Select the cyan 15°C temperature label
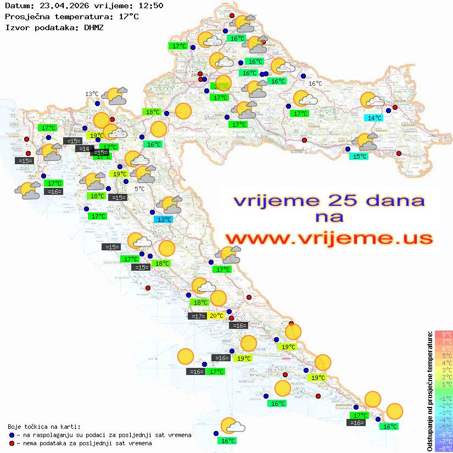point(359,156)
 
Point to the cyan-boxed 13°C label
point(163,220)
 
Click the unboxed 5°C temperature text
point(140,189)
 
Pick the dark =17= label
point(197,316)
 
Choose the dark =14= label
point(83,149)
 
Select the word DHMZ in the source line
point(93,27)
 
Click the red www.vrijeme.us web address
point(328,238)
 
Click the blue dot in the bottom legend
point(12,435)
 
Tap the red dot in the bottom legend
point(12,443)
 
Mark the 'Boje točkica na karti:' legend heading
point(43,427)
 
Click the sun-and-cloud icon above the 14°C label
point(372,100)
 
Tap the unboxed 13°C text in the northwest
point(92,94)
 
